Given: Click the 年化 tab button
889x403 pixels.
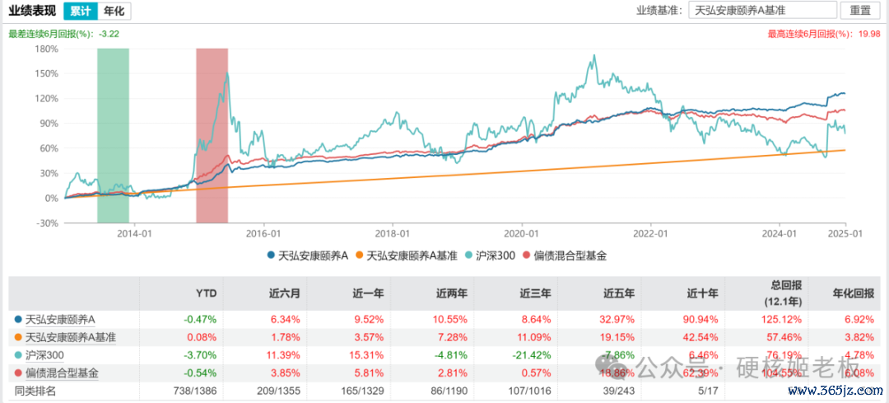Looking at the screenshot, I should (114, 11).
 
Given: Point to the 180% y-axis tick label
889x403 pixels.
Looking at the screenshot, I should (46, 49).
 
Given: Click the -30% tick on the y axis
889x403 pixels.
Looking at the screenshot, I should (46, 223).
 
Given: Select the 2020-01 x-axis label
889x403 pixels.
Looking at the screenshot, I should (521, 234).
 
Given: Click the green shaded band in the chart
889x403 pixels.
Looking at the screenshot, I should (113, 135).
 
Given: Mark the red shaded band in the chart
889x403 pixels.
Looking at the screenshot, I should (212, 135).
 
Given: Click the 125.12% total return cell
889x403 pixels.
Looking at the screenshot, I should (775, 319).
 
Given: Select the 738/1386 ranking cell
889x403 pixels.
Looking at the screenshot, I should (195, 390).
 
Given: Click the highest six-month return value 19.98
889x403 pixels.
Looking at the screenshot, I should (869, 34).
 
